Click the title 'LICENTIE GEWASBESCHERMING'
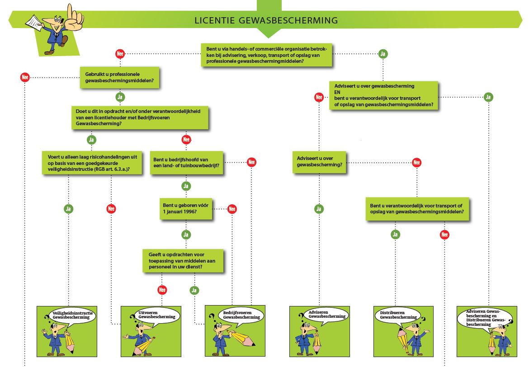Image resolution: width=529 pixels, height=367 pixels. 266,20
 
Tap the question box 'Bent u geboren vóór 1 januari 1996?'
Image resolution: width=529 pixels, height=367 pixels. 186,209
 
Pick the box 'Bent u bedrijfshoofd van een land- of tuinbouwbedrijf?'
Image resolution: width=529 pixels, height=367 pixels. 186,163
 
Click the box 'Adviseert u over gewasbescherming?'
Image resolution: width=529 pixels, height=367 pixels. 319,162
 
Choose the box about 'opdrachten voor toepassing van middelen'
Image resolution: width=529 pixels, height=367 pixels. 183,261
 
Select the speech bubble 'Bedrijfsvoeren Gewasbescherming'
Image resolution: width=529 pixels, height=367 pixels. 241,315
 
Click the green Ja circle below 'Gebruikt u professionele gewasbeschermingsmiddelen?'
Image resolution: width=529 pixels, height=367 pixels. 120,97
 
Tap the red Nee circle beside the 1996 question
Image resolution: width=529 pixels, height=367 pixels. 232,209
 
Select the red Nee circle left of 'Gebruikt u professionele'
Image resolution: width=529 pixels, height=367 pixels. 25,77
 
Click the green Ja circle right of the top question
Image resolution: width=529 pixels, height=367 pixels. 383,54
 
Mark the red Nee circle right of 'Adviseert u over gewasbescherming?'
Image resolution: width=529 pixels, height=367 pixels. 417,162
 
